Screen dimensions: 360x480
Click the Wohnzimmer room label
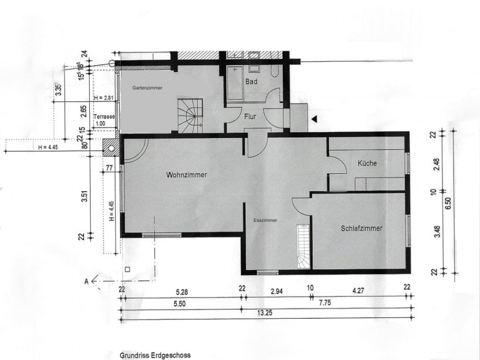click(187, 175)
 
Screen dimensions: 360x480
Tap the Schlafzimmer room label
click(362, 229)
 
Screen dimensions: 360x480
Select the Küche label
click(367, 163)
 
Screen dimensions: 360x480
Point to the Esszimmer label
click(266, 221)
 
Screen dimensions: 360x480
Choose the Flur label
click(250, 117)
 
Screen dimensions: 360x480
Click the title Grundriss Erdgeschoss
click(155, 355)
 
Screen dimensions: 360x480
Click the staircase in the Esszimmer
click(303, 247)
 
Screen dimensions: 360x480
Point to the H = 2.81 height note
click(103, 98)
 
